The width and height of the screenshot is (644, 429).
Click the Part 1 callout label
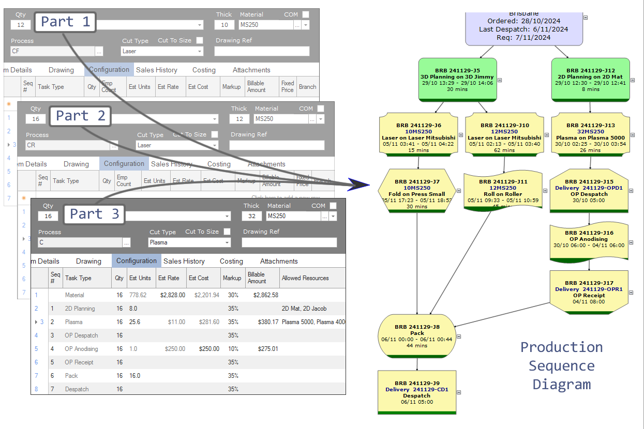click(x=65, y=22)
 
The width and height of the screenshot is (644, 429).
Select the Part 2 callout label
click(x=80, y=116)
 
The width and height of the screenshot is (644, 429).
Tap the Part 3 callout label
click(x=94, y=213)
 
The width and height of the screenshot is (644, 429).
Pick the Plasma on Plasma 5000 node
click(x=590, y=135)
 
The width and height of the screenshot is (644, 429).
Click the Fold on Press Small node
click(x=417, y=191)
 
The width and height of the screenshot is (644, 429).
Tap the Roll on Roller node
click(x=503, y=191)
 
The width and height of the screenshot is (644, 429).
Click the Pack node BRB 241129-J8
click(x=417, y=336)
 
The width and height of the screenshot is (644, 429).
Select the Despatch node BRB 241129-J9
click(x=417, y=392)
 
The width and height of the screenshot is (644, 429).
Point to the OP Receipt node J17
click(x=589, y=293)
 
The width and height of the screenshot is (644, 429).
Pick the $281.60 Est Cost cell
click(x=209, y=322)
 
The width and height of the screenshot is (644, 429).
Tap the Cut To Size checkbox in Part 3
click(x=228, y=232)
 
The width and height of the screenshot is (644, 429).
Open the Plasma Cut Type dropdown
click(x=227, y=242)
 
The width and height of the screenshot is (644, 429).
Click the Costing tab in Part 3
click(x=231, y=261)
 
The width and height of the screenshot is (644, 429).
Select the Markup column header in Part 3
click(x=232, y=278)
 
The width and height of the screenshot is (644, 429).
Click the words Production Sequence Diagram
click(x=561, y=365)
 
